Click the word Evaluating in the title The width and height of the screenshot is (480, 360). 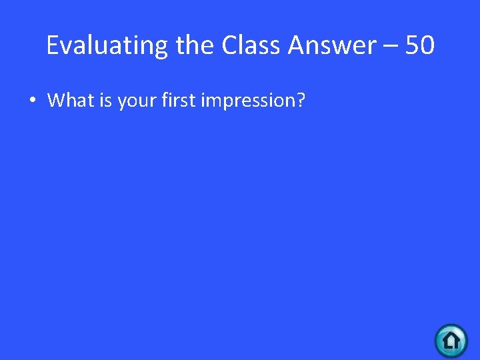pos(108,46)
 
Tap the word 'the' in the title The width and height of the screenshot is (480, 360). pos(196,45)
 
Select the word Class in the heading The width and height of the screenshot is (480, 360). pos(251,45)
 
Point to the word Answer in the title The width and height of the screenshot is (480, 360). pos(332,45)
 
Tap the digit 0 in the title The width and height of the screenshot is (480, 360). pos(427,45)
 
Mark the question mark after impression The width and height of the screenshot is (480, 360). pos(300,100)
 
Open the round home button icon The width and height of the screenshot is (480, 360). pos(451,341)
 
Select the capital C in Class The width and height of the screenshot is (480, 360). pos(229,45)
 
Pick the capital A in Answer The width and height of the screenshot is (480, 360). pos(297,45)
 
